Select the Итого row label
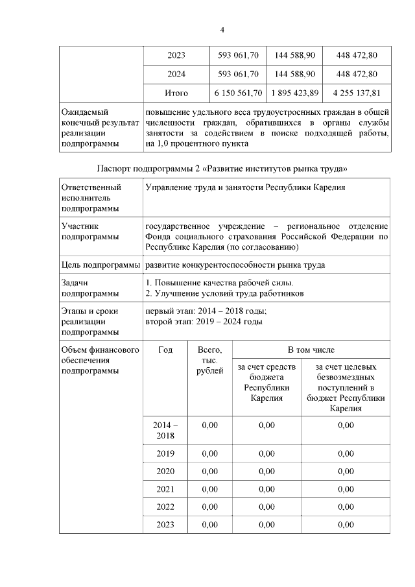176,93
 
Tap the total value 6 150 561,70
237,93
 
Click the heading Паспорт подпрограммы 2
226,169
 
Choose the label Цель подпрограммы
101,265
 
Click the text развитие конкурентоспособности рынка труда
235,265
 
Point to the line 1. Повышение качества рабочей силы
220,283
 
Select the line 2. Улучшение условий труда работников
226,293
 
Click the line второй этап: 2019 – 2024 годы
204,321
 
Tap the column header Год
165,350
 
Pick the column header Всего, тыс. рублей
209,360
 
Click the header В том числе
311,350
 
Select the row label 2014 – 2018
165,430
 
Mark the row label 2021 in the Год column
165,488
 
